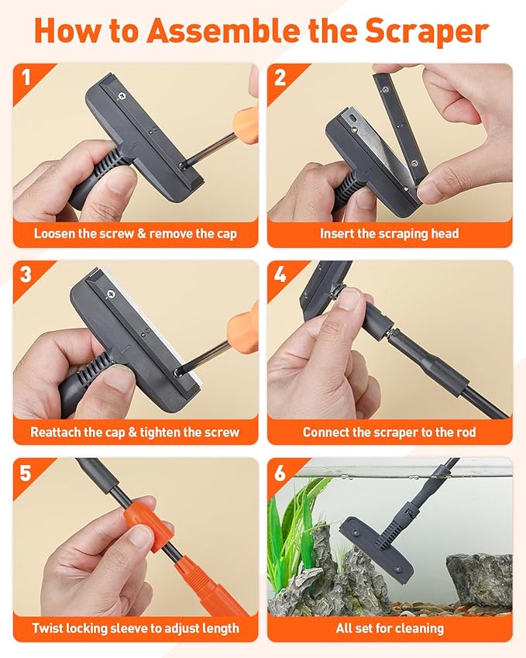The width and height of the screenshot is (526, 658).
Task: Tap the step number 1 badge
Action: (x=26, y=77)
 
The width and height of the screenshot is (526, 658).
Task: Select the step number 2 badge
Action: (x=280, y=77)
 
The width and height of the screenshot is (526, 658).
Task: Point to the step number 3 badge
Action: (x=26, y=274)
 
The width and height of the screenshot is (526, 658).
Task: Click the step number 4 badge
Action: (x=280, y=274)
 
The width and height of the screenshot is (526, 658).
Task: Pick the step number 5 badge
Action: (x=26, y=471)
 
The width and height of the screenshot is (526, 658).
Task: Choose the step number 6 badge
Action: (x=280, y=471)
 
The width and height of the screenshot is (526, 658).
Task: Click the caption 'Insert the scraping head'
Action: (x=390, y=233)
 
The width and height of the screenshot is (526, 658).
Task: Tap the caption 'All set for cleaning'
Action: (x=390, y=628)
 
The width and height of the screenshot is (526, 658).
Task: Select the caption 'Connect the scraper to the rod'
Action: (x=390, y=432)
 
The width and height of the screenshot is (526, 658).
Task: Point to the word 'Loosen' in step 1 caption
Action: (x=58, y=233)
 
